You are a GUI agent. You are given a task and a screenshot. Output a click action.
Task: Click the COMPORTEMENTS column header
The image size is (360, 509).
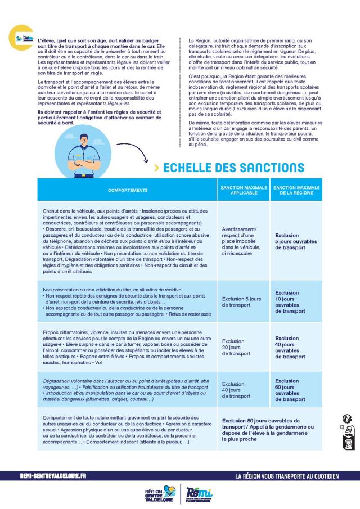point(128,190)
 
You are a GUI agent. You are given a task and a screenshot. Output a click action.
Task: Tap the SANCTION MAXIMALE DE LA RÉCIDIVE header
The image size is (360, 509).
point(296,190)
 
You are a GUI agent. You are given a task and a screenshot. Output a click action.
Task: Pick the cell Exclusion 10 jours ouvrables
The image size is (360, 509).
point(290,301)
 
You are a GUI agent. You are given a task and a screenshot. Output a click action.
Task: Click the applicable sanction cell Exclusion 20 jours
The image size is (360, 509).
point(237,347)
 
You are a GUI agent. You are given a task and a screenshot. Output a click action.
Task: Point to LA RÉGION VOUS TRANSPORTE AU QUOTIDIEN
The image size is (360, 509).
point(287,476)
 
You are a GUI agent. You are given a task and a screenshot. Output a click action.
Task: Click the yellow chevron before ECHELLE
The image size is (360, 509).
point(156,168)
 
